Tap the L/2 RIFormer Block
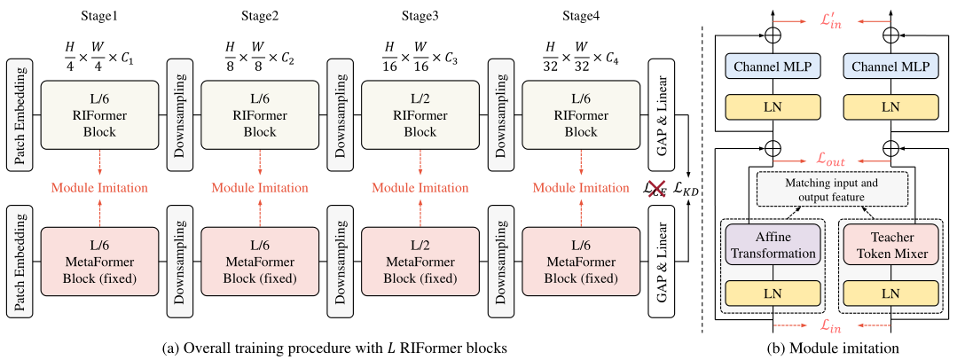coord(420,116)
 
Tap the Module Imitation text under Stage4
coord(581,188)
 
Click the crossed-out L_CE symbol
coord(656,188)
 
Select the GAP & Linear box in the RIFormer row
coord(660,116)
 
